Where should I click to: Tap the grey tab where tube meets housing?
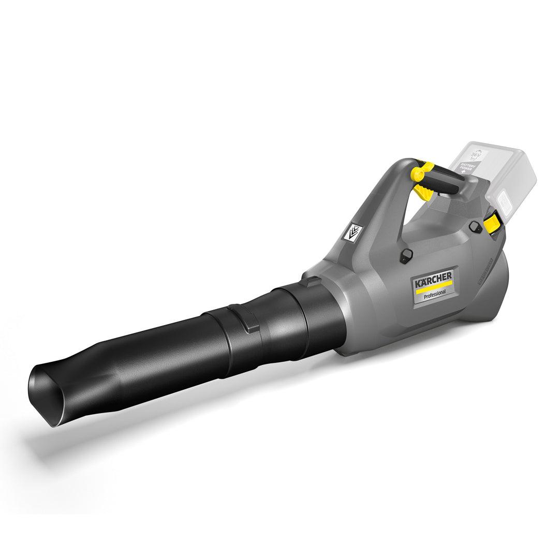312,282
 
